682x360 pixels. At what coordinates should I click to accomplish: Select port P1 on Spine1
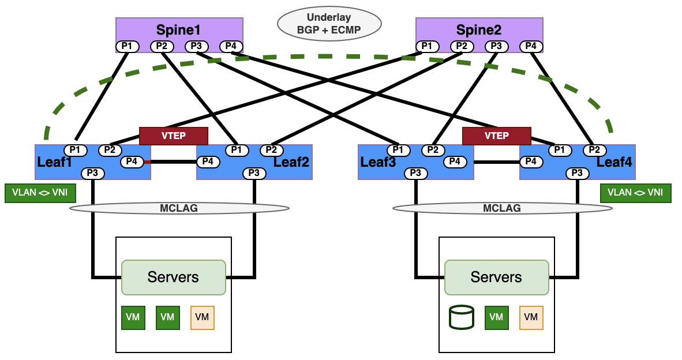pos(127,46)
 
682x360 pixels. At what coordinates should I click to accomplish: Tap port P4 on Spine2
pos(531,46)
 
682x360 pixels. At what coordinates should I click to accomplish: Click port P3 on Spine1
pos(196,46)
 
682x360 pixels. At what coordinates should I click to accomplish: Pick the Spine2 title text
pos(479,29)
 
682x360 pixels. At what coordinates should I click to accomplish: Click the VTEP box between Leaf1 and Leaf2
pos(173,136)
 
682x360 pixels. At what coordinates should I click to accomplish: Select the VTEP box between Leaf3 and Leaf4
pos(496,136)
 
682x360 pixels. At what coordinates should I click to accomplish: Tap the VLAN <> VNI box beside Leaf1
pos(40,193)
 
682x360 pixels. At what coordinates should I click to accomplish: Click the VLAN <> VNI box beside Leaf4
pos(635,193)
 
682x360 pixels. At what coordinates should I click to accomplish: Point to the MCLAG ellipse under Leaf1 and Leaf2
pos(179,208)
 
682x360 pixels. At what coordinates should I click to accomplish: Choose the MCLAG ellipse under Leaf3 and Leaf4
pos(502,208)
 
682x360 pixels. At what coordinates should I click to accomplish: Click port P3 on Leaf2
pos(254,173)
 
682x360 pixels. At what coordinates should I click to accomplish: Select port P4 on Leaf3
pos(455,162)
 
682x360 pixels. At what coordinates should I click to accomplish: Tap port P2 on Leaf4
pos(594,150)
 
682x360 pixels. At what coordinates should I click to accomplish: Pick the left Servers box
pos(173,277)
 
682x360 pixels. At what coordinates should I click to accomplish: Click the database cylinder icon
pos(462,317)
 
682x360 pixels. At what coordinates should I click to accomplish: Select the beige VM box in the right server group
pos(531,317)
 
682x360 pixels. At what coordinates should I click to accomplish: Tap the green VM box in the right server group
pos(496,317)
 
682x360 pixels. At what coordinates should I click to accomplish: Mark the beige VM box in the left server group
pos(202,317)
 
